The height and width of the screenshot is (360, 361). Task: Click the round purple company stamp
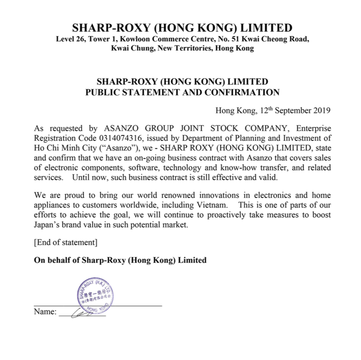94,294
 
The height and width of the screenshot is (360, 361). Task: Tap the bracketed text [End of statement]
66,242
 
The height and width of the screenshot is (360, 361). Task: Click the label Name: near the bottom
45,312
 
